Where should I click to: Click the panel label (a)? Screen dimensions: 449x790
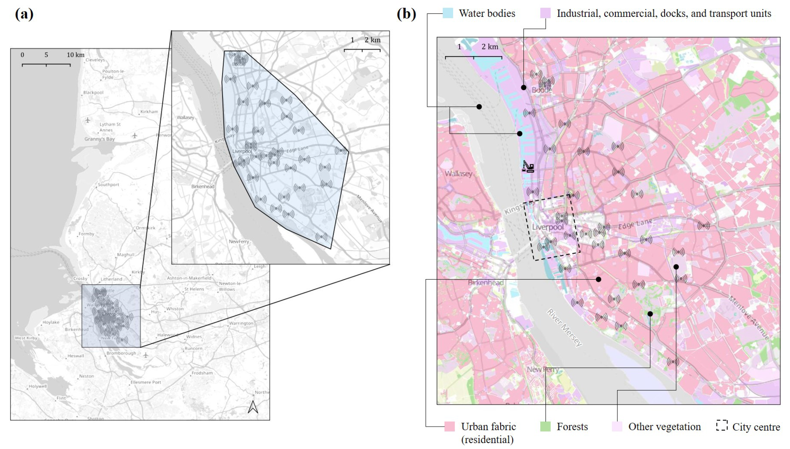24,14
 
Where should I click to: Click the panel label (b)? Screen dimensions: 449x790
406,14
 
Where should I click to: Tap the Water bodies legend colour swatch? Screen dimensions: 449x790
448,13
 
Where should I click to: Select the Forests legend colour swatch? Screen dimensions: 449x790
545,426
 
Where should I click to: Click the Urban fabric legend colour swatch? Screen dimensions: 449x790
450,426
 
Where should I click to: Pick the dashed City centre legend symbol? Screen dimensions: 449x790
722,425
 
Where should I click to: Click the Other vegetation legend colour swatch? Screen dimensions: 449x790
617,426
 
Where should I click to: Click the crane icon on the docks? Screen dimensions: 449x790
528,166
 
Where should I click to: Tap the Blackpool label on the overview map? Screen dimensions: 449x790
93,92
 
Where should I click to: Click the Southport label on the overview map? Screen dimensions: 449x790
108,185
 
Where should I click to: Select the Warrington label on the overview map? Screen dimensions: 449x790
241,323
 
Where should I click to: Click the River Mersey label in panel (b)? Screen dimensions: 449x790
564,327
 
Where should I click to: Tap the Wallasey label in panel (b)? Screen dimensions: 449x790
458,174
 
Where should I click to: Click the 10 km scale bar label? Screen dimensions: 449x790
75,55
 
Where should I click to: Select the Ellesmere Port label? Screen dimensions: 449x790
146,382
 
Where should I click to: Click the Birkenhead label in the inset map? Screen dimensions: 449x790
202,186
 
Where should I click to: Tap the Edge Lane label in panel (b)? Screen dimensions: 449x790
635,224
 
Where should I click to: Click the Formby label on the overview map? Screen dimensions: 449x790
86,234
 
